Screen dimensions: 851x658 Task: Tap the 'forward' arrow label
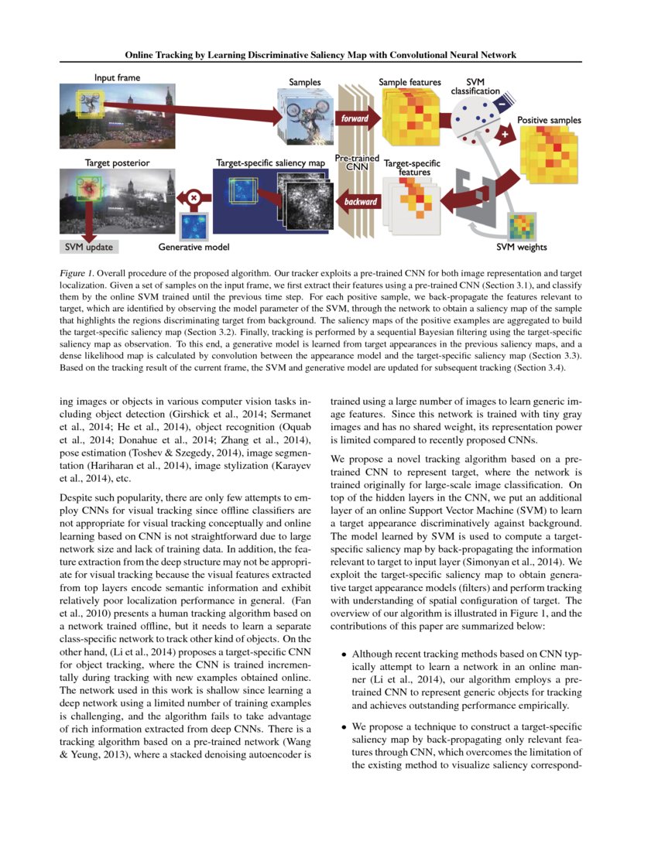point(355,119)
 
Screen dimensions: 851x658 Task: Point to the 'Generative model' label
point(194,248)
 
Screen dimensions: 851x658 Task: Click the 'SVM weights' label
point(522,248)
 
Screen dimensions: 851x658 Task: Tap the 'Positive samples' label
point(549,121)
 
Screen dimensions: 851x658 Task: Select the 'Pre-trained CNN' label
point(356,163)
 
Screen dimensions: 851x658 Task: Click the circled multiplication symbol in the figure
point(194,197)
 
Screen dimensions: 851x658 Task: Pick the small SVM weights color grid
point(521,226)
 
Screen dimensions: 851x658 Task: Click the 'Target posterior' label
point(117,164)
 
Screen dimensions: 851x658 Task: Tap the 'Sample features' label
point(410,82)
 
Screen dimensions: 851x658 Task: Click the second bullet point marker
point(344,728)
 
